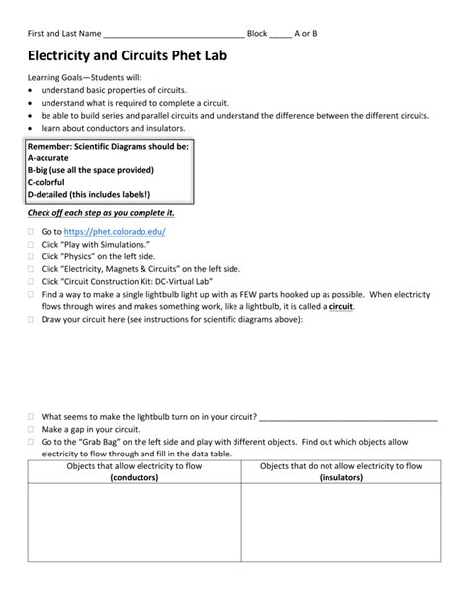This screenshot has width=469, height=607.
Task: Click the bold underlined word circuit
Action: pyautogui.click(x=340, y=307)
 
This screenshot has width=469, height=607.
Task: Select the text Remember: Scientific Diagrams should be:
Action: pyautogui.click(x=106, y=145)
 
